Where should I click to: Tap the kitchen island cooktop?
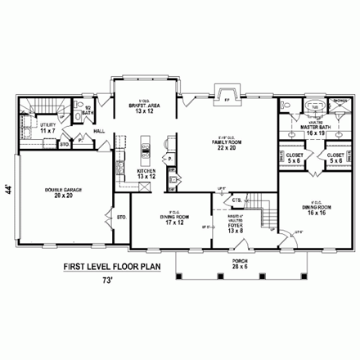pos(146,150)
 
